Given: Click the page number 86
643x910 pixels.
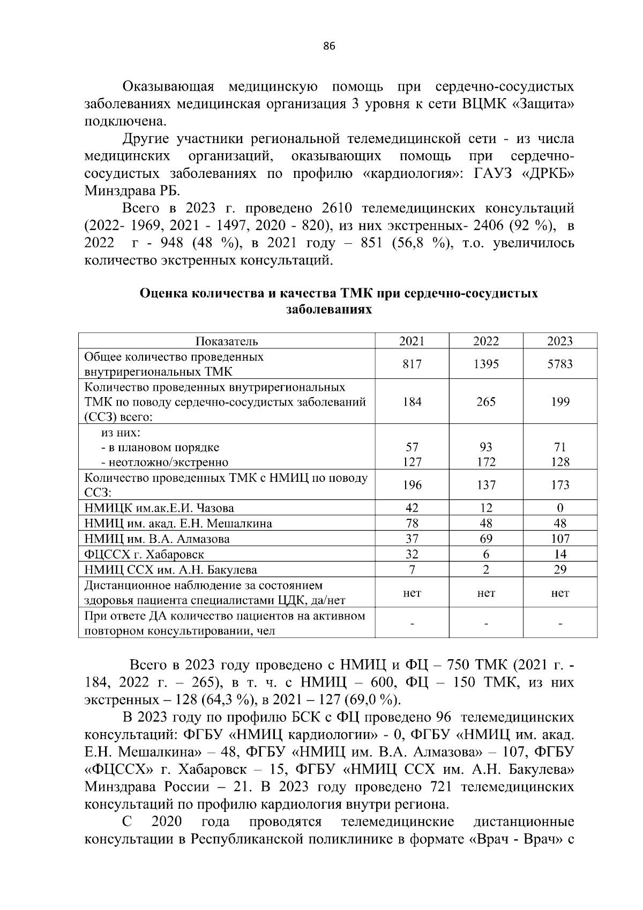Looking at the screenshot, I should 329,47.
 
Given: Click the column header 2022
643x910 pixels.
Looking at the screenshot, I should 486,341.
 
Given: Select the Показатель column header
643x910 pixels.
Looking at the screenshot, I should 227,341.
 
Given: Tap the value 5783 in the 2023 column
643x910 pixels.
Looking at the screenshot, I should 560,364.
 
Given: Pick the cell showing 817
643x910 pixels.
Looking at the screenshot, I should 412,364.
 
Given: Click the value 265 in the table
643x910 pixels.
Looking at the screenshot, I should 486,402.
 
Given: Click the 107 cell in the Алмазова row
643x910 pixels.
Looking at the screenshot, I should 560,539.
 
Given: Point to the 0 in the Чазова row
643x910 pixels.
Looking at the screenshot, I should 560,508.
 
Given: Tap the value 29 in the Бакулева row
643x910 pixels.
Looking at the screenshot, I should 560,570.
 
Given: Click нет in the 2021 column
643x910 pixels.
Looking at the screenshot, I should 412,593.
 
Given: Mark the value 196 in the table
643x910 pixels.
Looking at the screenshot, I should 412,485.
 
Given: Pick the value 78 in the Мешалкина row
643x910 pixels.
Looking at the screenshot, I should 412,524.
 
